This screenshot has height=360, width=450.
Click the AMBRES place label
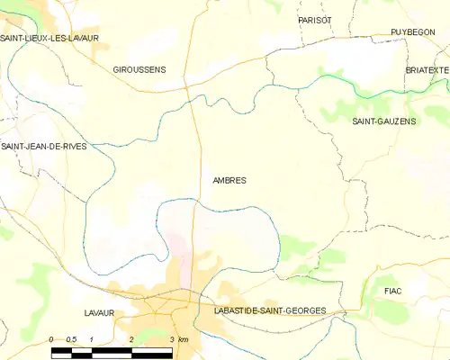click(229, 180)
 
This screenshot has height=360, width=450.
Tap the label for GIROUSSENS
click(139, 69)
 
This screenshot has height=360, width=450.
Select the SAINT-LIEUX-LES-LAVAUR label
click(49, 38)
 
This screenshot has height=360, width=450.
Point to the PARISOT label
click(315, 20)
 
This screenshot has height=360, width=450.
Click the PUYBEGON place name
click(413, 31)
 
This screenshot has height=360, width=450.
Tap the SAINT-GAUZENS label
click(384, 121)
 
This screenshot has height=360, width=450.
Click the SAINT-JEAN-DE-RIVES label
click(44, 146)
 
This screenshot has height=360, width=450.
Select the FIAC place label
click(392, 292)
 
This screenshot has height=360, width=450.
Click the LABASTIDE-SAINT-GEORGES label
click(270, 310)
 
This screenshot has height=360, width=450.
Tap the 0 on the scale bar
click(52, 339)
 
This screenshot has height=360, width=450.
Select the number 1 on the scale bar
click(93, 339)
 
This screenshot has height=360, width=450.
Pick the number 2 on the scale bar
click(132, 339)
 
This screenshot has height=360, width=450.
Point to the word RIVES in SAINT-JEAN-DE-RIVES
click(75, 146)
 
